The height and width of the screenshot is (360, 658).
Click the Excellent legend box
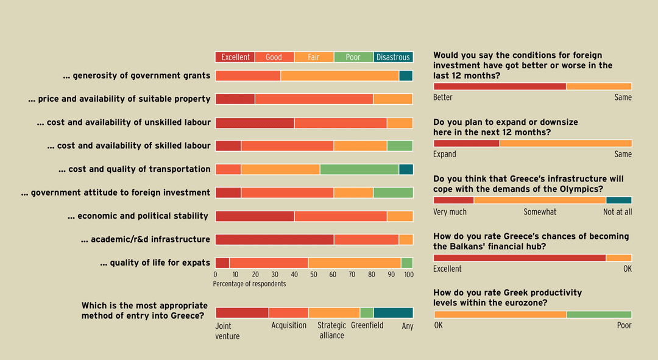pyautogui.click(x=235, y=57)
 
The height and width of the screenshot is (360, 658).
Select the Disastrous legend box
pyautogui.click(x=393, y=57)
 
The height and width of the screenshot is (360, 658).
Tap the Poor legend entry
pyautogui.click(x=353, y=57)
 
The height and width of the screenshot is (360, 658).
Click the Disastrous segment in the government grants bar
pyautogui.click(x=406, y=76)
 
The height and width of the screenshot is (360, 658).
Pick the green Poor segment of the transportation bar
pyautogui.click(x=359, y=169)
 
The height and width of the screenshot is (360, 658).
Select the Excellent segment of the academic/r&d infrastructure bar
pyautogui.click(x=274, y=239)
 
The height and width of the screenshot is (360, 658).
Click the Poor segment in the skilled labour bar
pyautogui.click(x=400, y=146)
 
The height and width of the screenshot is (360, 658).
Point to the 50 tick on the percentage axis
pyautogui.click(x=313, y=275)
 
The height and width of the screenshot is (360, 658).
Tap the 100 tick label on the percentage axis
pyautogui.click(x=408, y=275)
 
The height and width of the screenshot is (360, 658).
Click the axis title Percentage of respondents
pyautogui.click(x=249, y=284)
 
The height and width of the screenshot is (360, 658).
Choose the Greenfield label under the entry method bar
pyautogui.click(x=367, y=325)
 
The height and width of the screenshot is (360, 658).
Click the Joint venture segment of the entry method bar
pyautogui.click(x=242, y=312)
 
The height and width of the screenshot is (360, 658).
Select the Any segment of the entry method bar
pyautogui.click(x=393, y=312)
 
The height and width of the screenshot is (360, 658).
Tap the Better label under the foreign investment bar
pyautogui.click(x=443, y=97)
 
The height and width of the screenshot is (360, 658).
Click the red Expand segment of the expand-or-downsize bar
pyautogui.click(x=466, y=143)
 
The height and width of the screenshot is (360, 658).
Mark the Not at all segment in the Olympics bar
pyautogui.click(x=618, y=200)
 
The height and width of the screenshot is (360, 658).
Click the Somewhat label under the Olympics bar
pyautogui.click(x=540, y=212)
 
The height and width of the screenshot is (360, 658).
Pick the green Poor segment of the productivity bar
pyautogui.click(x=599, y=314)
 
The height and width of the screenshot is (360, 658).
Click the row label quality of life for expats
pyautogui.click(x=155, y=263)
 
